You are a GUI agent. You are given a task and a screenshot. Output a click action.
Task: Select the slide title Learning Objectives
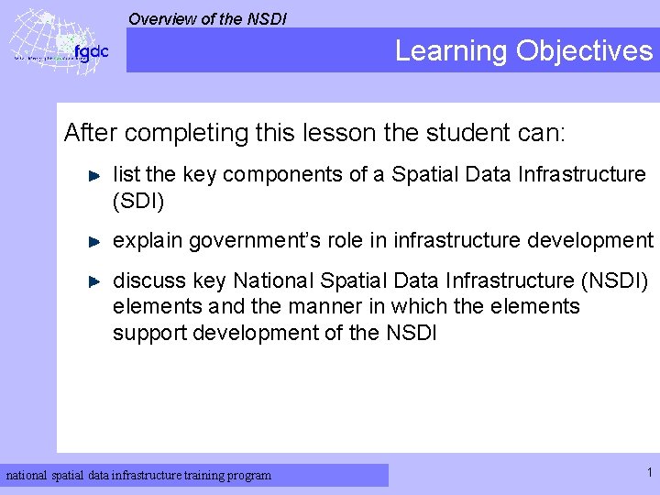point(523,50)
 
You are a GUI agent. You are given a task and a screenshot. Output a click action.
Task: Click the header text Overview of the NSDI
point(207,18)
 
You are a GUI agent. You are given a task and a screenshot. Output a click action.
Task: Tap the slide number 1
point(649,473)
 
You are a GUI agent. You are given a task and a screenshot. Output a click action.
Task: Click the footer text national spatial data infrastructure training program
point(139,475)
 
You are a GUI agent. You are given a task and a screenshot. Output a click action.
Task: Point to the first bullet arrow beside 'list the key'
point(93,173)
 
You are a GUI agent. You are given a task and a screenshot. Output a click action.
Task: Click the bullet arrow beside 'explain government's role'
point(93,241)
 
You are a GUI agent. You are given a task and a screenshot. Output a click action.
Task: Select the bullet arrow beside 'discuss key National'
point(93,280)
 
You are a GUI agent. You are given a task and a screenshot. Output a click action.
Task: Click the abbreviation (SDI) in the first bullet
point(137,199)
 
